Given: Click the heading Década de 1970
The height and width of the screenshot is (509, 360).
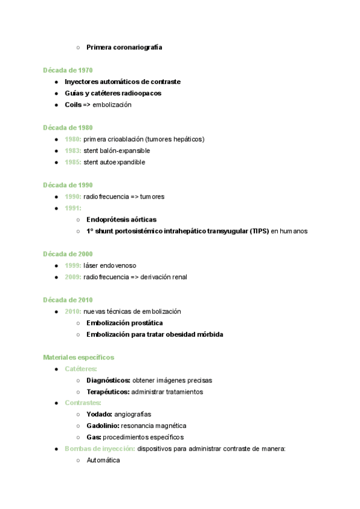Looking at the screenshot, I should pos(68,70).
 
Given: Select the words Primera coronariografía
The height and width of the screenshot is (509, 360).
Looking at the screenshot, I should pos(124,47).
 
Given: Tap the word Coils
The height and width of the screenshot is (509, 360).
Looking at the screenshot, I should pos(73,105).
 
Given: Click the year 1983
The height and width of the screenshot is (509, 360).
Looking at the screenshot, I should pos(73,151).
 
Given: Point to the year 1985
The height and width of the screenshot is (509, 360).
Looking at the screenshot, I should pos(73,162).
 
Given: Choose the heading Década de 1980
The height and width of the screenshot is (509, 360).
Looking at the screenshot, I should pos(68,128).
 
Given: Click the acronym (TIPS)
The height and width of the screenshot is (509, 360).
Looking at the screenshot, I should pos(259,231).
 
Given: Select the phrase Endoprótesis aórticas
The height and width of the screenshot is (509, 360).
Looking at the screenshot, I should pos(121,220).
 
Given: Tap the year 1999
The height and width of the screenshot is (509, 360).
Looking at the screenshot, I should pos(73,265).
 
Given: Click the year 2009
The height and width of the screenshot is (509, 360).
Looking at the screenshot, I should pos(73,277).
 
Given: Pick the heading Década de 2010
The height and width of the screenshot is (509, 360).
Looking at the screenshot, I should pos(68,300).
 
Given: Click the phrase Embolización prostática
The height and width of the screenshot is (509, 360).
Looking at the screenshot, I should pos(124,323).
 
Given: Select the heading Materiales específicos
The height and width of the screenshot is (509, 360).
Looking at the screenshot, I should pos(79,357).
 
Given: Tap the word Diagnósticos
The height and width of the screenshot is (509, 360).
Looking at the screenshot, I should pos(108,381).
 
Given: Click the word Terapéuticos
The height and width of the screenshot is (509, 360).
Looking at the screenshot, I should pos(108,392).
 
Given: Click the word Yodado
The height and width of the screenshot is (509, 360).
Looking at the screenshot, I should pos(99,414).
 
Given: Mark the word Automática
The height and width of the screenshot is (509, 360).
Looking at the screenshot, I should pos(103,460).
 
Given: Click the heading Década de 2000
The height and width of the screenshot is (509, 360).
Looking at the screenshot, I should pos(68,254).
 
